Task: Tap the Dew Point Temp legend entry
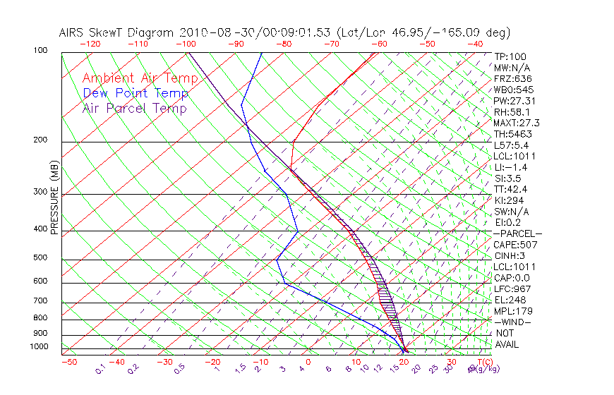point(136,93)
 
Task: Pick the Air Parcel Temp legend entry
point(135,108)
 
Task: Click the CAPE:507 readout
point(515,245)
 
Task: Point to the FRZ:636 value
point(512,79)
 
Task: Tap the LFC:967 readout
point(512,288)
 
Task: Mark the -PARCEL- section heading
point(517,233)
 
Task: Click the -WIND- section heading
point(513,322)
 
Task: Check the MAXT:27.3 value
point(517,123)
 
